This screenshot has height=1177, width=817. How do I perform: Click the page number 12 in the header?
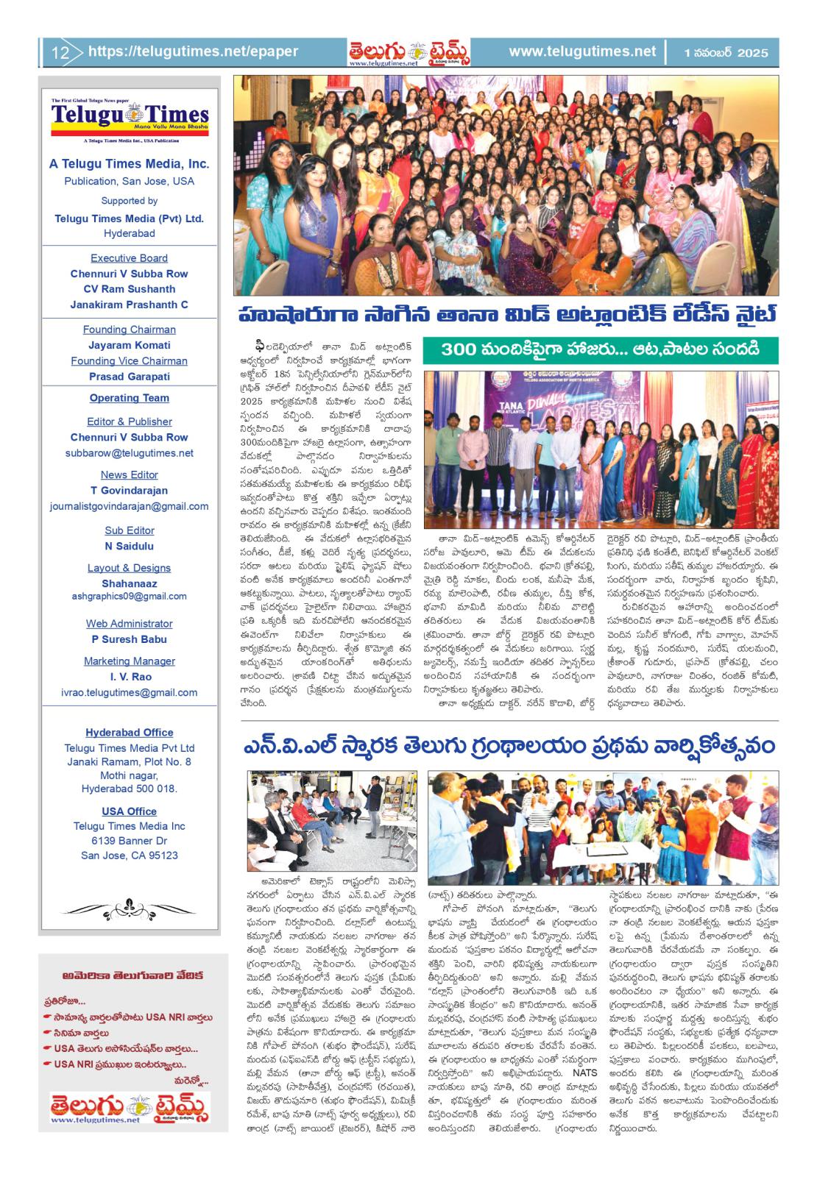coord(60,52)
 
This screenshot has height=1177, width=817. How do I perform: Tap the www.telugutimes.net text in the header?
coord(581,51)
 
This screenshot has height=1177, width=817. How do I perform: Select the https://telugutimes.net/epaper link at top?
coord(193,51)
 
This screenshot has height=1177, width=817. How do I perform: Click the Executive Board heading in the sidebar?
coord(129,258)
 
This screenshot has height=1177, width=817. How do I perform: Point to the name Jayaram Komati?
coord(129,345)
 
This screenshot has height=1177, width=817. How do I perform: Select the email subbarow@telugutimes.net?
coord(129,453)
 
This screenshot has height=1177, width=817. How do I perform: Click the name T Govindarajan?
coord(129,491)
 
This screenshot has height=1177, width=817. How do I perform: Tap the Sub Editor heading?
coord(129,530)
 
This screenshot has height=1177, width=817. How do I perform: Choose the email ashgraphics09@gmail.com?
coord(129,596)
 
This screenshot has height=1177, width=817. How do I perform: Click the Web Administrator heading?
coord(129,624)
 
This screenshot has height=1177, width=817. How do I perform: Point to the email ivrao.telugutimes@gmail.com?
coord(129,692)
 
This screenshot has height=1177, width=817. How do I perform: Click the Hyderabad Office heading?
coord(129,733)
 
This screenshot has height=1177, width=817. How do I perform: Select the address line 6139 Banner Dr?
coord(129,841)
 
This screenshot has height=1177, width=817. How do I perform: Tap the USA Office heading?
coord(129,811)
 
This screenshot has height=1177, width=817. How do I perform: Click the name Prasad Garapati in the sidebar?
coord(129,377)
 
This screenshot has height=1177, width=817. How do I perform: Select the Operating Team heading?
coord(129,398)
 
